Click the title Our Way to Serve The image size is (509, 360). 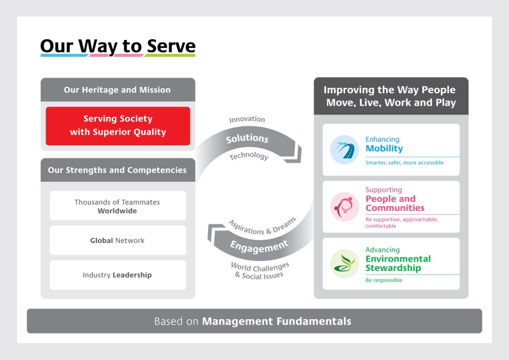(x=118, y=47)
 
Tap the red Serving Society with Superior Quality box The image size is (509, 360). (x=118, y=126)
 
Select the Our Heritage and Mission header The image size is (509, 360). (x=117, y=90)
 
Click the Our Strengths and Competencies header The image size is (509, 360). (x=117, y=170)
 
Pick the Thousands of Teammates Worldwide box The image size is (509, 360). (x=118, y=206)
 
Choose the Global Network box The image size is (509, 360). (x=118, y=240)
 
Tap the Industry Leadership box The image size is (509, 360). (x=118, y=275)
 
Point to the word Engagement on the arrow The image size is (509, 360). (x=259, y=246)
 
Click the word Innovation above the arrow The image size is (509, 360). (x=247, y=120)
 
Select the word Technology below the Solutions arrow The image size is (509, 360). (x=249, y=156)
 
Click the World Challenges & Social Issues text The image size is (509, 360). (x=260, y=270)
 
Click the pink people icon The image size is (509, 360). (x=344, y=207)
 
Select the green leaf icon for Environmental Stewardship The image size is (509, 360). (x=344, y=264)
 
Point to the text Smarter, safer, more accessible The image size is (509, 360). (x=404, y=163)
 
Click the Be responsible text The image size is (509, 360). (x=383, y=280)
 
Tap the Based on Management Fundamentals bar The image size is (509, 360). (x=254, y=321)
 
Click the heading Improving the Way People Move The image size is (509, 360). (x=391, y=96)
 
